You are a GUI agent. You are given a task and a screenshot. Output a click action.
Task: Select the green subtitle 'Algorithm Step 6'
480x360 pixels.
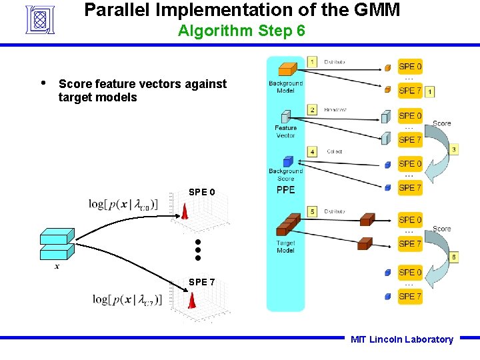pyautogui.click(x=241, y=31)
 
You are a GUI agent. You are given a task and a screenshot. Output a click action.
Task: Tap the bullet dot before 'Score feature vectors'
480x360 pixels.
pyautogui.click(x=43, y=83)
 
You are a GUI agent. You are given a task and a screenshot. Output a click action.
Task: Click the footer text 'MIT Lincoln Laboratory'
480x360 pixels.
pyautogui.click(x=401, y=339)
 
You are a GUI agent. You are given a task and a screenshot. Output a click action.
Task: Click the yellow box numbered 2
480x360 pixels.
pyautogui.click(x=312, y=109)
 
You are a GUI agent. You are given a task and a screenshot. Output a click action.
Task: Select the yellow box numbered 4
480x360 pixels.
pyautogui.click(x=312, y=151)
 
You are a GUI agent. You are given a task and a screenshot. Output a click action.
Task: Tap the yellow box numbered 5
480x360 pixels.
pyautogui.click(x=312, y=211)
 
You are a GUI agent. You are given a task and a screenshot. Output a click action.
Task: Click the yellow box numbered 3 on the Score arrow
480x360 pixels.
pyautogui.click(x=453, y=150)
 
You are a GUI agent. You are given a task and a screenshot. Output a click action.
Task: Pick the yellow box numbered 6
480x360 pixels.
pyautogui.click(x=453, y=257)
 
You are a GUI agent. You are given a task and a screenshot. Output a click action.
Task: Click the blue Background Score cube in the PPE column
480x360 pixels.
pyautogui.click(x=288, y=161)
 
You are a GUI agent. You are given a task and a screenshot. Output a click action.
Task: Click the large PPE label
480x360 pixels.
pyautogui.click(x=285, y=190)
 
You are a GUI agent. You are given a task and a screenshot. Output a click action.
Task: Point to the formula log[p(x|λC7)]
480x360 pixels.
pyautogui.click(x=125, y=299)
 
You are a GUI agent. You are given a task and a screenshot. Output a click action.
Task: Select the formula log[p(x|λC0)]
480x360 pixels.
pyautogui.click(x=123, y=204)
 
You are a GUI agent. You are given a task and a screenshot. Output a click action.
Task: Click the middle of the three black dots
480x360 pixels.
pyautogui.click(x=198, y=249)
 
